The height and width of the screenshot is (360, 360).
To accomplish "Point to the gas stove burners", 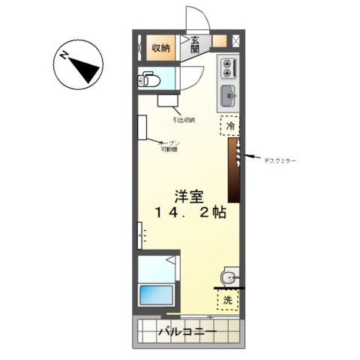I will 228,69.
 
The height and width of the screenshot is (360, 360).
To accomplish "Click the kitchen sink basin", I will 228,96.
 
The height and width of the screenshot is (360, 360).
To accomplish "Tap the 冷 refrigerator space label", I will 230,127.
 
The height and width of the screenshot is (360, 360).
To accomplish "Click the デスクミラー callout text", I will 279,160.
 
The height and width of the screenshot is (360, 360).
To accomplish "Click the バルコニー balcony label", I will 187,331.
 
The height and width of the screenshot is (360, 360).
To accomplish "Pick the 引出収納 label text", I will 184,120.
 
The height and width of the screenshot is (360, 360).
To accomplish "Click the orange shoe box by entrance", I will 219,42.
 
